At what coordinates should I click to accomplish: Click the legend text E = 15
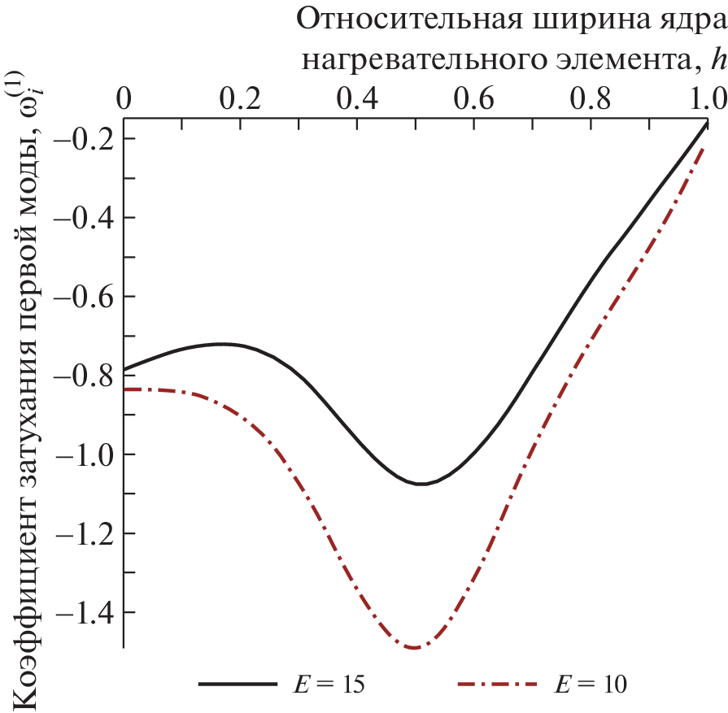click(x=329, y=685)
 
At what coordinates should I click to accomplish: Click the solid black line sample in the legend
click(x=236, y=685)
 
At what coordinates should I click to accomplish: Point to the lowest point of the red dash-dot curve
click(x=414, y=648)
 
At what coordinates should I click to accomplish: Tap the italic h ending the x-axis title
click(x=717, y=59)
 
